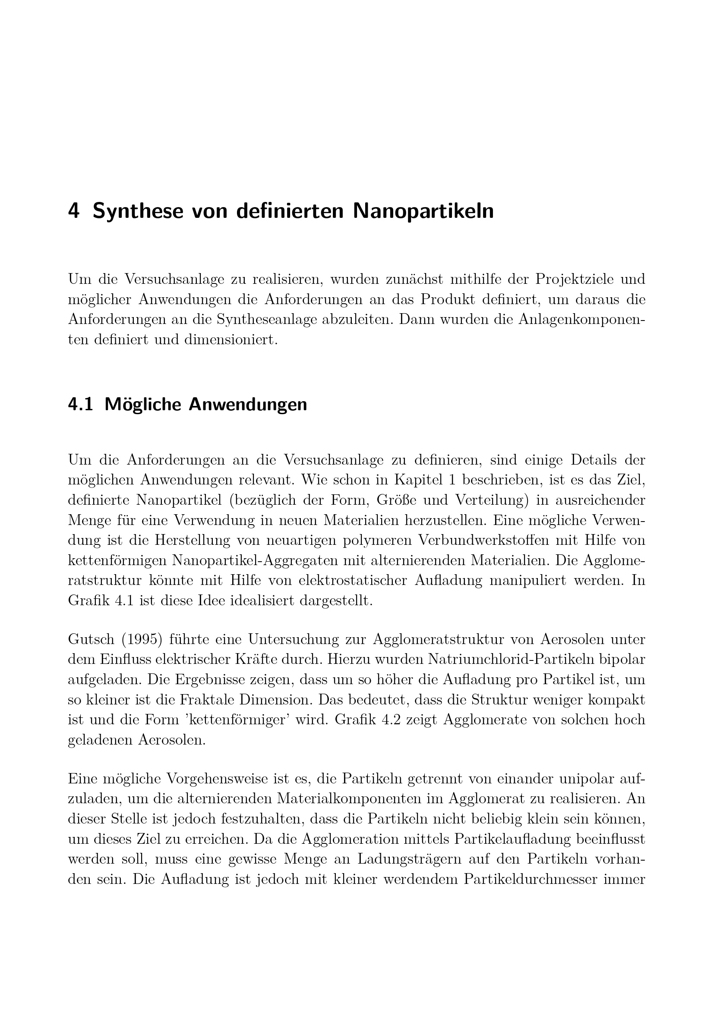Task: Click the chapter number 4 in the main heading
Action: pyautogui.click(x=73, y=211)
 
